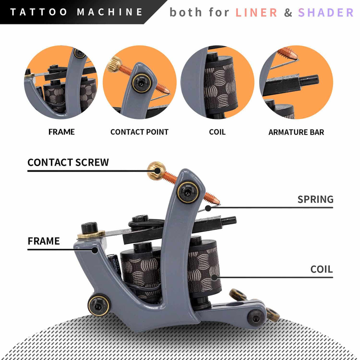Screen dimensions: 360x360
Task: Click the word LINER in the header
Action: pos(256,13)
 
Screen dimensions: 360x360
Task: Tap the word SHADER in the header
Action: pos(326,13)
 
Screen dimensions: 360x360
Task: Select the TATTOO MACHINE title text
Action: pos(77,12)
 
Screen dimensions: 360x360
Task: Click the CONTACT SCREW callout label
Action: pos(68,162)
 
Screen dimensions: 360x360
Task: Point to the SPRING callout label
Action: pos(315,199)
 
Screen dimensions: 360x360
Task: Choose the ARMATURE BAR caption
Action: pos(296,132)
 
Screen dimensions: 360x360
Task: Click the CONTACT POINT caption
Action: pos(139,132)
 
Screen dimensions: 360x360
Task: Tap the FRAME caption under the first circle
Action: pos(61,132)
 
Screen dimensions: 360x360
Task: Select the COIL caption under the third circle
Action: pos(217,132)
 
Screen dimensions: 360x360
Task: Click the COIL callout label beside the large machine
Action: pos(321,269)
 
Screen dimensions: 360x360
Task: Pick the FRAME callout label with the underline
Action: pos(44,241)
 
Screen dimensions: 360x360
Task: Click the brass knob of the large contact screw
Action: pos(156,171)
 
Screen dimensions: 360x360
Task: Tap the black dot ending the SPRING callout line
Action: pos(208,208)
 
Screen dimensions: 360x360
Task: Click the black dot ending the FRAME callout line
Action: pos(95,250)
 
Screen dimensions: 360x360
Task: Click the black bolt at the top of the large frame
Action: pos(187,192)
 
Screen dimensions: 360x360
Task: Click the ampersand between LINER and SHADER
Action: pos(288,13)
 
